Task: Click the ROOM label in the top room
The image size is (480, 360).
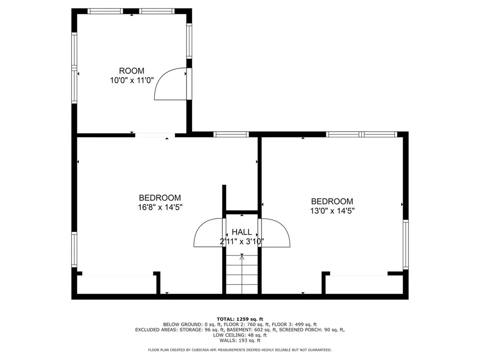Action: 131,71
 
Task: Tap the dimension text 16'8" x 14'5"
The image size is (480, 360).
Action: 160,207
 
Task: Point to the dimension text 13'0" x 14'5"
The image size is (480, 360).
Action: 332,210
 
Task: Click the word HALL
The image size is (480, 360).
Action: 242,232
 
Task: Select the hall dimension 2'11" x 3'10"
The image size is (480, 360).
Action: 242,241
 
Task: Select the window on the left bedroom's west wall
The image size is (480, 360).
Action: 74,249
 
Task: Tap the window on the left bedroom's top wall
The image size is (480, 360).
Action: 231,135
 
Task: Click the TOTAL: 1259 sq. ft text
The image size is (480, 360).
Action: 240,318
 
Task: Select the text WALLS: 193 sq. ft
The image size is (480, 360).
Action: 240,340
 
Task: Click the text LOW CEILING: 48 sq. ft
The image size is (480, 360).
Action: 240,335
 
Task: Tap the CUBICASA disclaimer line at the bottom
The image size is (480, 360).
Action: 240,350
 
